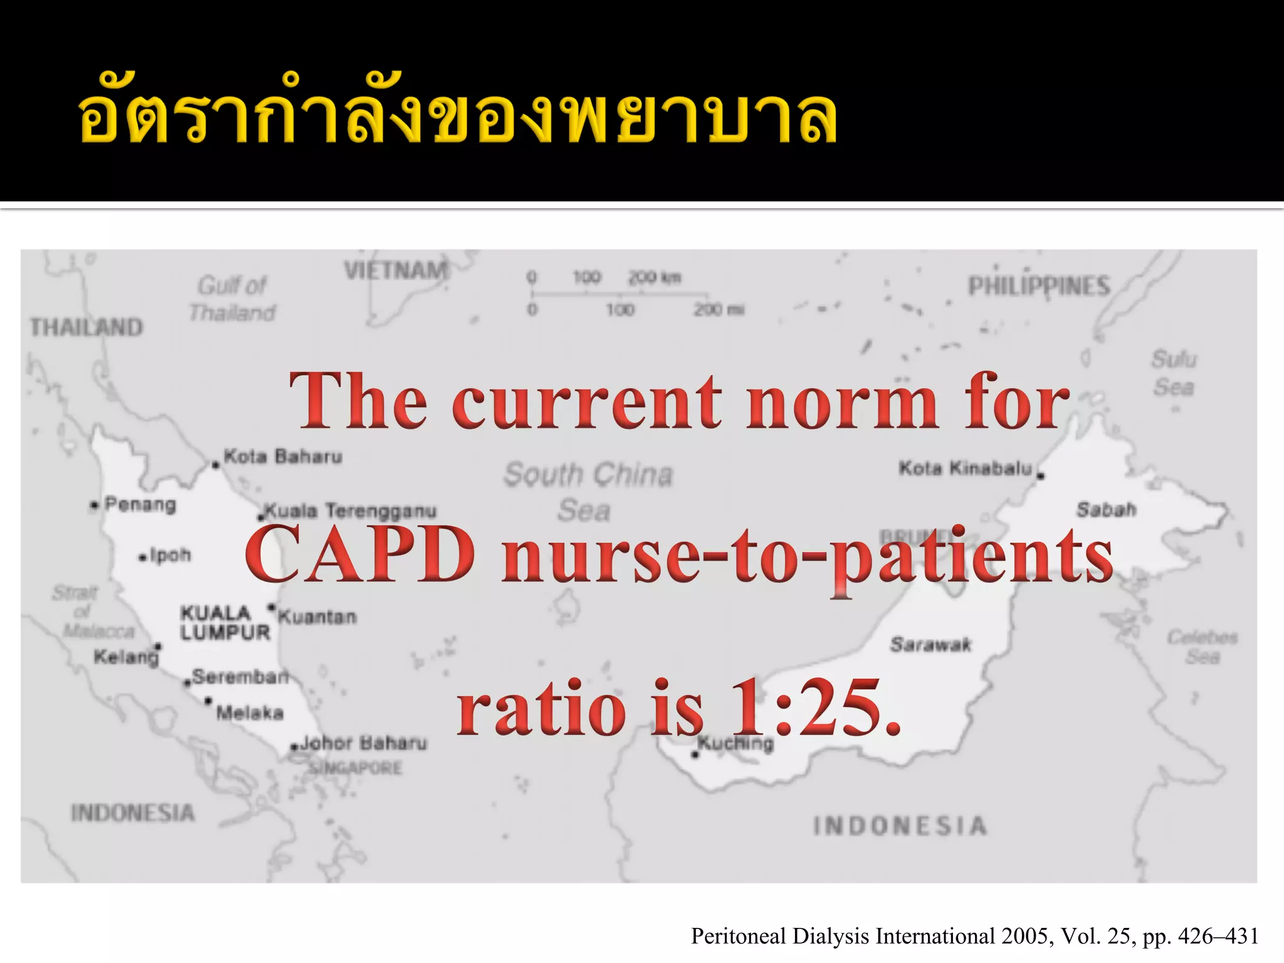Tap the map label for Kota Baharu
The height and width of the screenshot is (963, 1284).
pos(283,456)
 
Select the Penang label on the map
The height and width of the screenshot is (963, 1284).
pos(140,504)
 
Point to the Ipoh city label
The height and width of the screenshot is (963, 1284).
pos(170,555)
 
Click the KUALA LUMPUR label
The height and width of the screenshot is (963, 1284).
pos(224,622)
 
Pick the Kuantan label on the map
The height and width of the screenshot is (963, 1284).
pos(317,617)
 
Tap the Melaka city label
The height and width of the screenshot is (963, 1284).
pos(250,713)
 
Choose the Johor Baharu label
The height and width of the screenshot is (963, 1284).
pos(363,744)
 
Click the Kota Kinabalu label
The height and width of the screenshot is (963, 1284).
pos(966,468)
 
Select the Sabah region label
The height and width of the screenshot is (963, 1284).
pos(1106,510)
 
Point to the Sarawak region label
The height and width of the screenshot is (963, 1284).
pos(930,645)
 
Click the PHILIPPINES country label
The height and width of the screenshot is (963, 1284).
pos(1039,287)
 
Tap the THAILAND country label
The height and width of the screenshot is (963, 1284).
pos(87,327)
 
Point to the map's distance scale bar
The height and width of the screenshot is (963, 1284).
pos(633,293)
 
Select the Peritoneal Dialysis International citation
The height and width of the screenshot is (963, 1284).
pos(974,936)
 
